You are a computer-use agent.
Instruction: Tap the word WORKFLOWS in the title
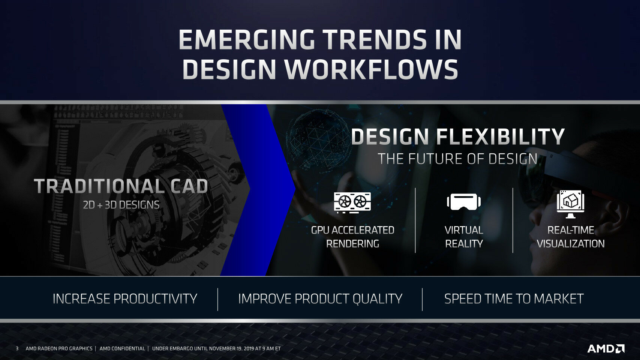click(x=371, y=69)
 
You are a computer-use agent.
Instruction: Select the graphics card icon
click(x=352, y=202)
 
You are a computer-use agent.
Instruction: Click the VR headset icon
click(x=464, y=201)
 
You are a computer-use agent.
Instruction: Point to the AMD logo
click(x=606, y=349)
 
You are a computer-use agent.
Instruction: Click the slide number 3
click(x=17, y=349)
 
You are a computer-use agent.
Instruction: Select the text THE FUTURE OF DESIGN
click(x=457, y=159)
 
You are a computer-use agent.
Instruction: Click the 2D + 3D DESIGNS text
click(x=121, y=205)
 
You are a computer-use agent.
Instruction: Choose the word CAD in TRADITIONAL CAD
click(x=189, y=186)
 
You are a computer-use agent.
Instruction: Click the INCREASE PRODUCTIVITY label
click(x=125, y=299)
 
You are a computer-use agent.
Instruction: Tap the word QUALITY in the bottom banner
click(x=377, y=299)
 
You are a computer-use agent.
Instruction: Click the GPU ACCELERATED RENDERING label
click(x=352, y=237)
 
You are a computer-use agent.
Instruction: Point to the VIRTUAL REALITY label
click(x=464, y=237)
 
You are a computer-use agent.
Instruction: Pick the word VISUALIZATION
click(x=571, y=244)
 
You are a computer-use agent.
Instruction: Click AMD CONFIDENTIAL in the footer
click(x=122, y=349)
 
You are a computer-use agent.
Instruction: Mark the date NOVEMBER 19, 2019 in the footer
click(x=225, y=349)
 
